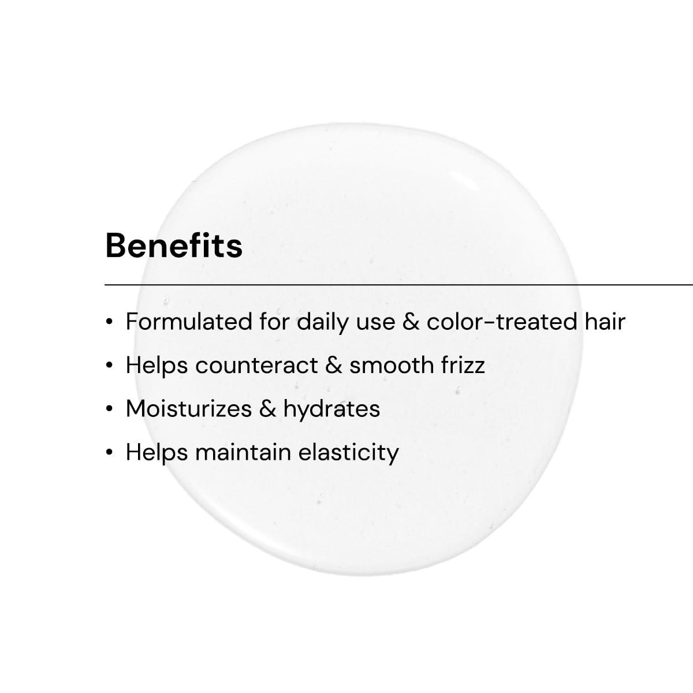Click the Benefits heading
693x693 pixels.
pos(174,245)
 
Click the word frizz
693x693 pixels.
pos(463,366)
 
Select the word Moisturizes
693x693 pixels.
pos(189,409)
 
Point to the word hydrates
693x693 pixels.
pos(331,409)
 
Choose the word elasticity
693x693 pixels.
pos(348,452)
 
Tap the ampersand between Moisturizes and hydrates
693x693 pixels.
pos(267,409)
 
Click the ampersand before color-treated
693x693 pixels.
pos(411,322)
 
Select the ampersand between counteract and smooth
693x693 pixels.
pos(334,366)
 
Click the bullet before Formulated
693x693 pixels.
pos(109,322)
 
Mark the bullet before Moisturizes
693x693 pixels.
pos(109,409)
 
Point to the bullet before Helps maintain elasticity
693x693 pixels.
pos(109,453)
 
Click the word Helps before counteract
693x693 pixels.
pos(157,366)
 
